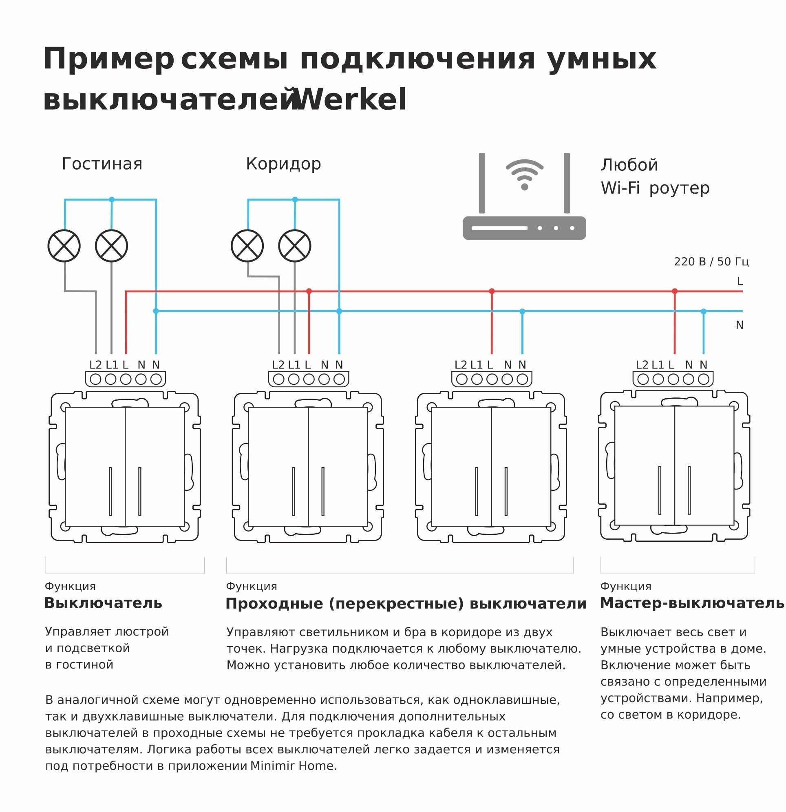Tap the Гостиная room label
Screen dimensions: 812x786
coord(102,164)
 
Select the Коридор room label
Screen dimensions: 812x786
coord(283,164)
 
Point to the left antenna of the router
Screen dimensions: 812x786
coord(482,183)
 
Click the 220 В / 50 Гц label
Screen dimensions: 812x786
coord(711,262)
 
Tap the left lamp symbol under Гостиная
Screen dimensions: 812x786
coord(64,246)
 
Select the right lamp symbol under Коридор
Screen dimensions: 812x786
coord(295,246)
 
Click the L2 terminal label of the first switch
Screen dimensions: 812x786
coord(95,365)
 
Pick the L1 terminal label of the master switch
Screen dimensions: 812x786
coord(658,365)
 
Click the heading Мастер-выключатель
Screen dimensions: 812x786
coord(691,603)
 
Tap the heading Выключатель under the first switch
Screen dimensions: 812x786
coord(103,603)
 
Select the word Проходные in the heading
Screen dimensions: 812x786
coord(274,604)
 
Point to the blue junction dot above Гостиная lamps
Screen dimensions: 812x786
coord(111,200)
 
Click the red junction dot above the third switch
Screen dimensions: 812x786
coord(492,291)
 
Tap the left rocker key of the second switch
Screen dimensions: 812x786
coord(278,467)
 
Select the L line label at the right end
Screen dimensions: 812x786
coord(740,282)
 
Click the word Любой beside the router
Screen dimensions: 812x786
coord(629,165)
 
